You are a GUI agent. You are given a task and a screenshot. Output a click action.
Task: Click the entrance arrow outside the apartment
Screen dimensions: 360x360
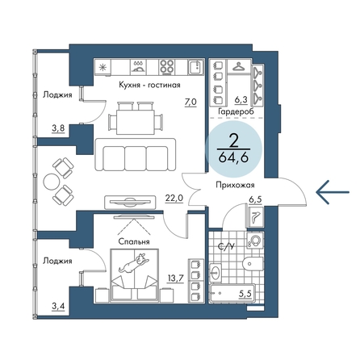(333, 192)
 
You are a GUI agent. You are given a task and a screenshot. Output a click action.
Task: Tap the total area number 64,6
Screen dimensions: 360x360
(233, 157)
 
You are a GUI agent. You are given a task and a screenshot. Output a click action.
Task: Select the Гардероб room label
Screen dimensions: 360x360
(236, 111)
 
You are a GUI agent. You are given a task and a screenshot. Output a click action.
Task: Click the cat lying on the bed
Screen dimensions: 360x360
(134, 263)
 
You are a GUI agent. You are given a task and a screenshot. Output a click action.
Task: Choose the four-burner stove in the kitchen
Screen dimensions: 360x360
(166, 67)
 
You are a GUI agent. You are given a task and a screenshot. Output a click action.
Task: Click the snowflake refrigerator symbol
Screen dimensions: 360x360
(103, 67)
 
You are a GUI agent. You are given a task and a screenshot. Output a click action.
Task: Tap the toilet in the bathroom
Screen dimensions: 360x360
(253, 264)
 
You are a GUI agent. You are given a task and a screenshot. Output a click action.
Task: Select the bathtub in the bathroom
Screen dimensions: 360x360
(232, 293)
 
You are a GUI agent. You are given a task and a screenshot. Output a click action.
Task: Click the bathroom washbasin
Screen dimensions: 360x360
(216, 272)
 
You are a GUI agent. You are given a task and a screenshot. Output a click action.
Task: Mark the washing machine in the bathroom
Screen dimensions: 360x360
(254, 241)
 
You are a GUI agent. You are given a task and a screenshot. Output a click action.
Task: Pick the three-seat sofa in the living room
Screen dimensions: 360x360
(136, 154)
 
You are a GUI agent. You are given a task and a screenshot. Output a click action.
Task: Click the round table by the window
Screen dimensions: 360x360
(52, 182)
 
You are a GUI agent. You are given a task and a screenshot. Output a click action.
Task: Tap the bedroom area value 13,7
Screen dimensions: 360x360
(175, 278)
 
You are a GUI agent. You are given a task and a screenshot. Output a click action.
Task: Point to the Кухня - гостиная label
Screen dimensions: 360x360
(149, 85)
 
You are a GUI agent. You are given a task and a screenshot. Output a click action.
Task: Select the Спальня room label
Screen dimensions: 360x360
(134, 241)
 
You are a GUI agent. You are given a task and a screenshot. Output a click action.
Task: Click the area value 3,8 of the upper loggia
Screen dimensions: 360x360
(58, 128)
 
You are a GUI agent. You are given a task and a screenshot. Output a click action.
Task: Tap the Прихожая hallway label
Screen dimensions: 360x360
(235, 185)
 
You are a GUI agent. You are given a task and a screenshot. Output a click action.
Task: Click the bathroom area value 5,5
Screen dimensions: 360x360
(245, 294)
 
